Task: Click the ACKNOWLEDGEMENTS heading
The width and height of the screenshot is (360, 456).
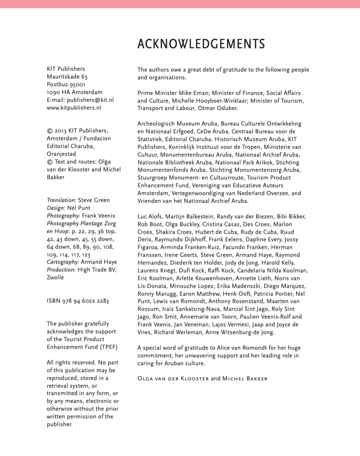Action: [x=201, y=44]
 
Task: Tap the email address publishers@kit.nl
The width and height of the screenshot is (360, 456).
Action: [x=90, y=100]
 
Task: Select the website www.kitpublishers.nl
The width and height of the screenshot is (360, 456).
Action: [x=74, y=108]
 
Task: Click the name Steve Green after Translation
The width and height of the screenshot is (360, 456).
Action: [x=94, y=200]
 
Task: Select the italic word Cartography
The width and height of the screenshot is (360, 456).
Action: [x=63, y=262]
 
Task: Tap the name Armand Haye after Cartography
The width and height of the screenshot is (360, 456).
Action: [x=99, y=262]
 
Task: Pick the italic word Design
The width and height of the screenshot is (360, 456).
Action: [x=56, y=208]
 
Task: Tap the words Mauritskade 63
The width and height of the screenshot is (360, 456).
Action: [x=67, y=77]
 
